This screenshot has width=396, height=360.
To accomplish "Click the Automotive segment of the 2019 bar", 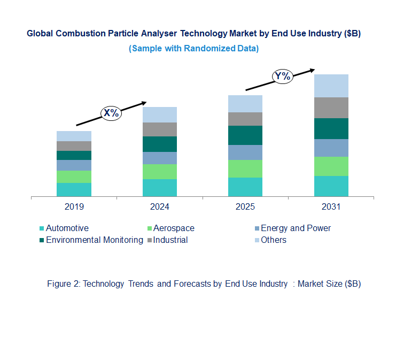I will tap(74, 189).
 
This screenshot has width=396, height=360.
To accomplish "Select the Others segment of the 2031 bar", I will tap(331, 86).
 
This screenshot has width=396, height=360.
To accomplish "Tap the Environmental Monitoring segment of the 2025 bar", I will tap(245, 135).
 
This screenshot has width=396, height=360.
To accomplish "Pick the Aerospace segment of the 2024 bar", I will tap(159, 171).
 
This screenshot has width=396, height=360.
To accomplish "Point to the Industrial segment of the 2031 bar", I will tap(331, 108).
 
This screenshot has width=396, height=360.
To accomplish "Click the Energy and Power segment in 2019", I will tap(74, 165).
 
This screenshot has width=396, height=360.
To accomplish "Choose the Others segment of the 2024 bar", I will tap(159, 114).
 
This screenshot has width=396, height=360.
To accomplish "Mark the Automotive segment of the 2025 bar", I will tap(245, 187).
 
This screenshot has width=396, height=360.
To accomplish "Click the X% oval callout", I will tap(111, 113).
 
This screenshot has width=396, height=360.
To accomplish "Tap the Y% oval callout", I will tap(282, 76).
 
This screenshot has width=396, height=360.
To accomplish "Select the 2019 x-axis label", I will tap(74, 206).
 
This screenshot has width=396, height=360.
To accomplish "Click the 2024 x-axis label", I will tap(159, 206).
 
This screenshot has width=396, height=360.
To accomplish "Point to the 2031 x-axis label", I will tap(331, 206).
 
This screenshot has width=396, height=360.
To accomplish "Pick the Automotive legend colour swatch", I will tap(42, 228).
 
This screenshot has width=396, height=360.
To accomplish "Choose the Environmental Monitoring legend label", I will tap(95, 240).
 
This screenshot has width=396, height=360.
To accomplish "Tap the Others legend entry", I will tap(274, 240).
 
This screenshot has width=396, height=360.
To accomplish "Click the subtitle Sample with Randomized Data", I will tap(193, 48).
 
